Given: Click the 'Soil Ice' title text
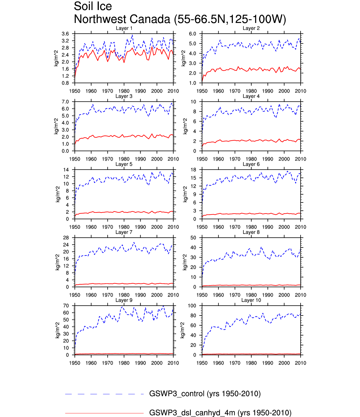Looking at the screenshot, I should point(93,6).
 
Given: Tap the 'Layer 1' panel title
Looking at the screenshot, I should point(124,28).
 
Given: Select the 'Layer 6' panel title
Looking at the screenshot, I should point(251,164).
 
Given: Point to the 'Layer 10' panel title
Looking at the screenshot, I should point(251,300).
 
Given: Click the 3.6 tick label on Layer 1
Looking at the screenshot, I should point(65,34).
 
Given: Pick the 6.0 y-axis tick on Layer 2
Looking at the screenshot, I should point(192,34).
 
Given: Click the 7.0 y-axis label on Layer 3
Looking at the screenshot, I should point(65,102).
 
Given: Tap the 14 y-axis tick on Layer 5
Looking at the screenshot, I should point(66,170).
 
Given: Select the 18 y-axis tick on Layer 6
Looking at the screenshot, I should point(193,170).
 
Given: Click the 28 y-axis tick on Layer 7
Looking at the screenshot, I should point(66,238).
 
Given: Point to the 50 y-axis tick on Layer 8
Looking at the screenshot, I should point(193,238).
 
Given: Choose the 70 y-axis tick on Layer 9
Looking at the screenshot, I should point(66,306).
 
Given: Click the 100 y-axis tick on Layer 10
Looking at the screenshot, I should point(192,306).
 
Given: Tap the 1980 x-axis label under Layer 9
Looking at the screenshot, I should point(124,363).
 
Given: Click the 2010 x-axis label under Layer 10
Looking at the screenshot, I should point(300,363).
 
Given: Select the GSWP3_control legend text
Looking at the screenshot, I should point(205,394).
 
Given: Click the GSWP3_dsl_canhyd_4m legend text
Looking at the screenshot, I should point(220,413).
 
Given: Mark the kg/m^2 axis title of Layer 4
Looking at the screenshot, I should point(185,126).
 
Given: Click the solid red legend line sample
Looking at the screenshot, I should point(104,413).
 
